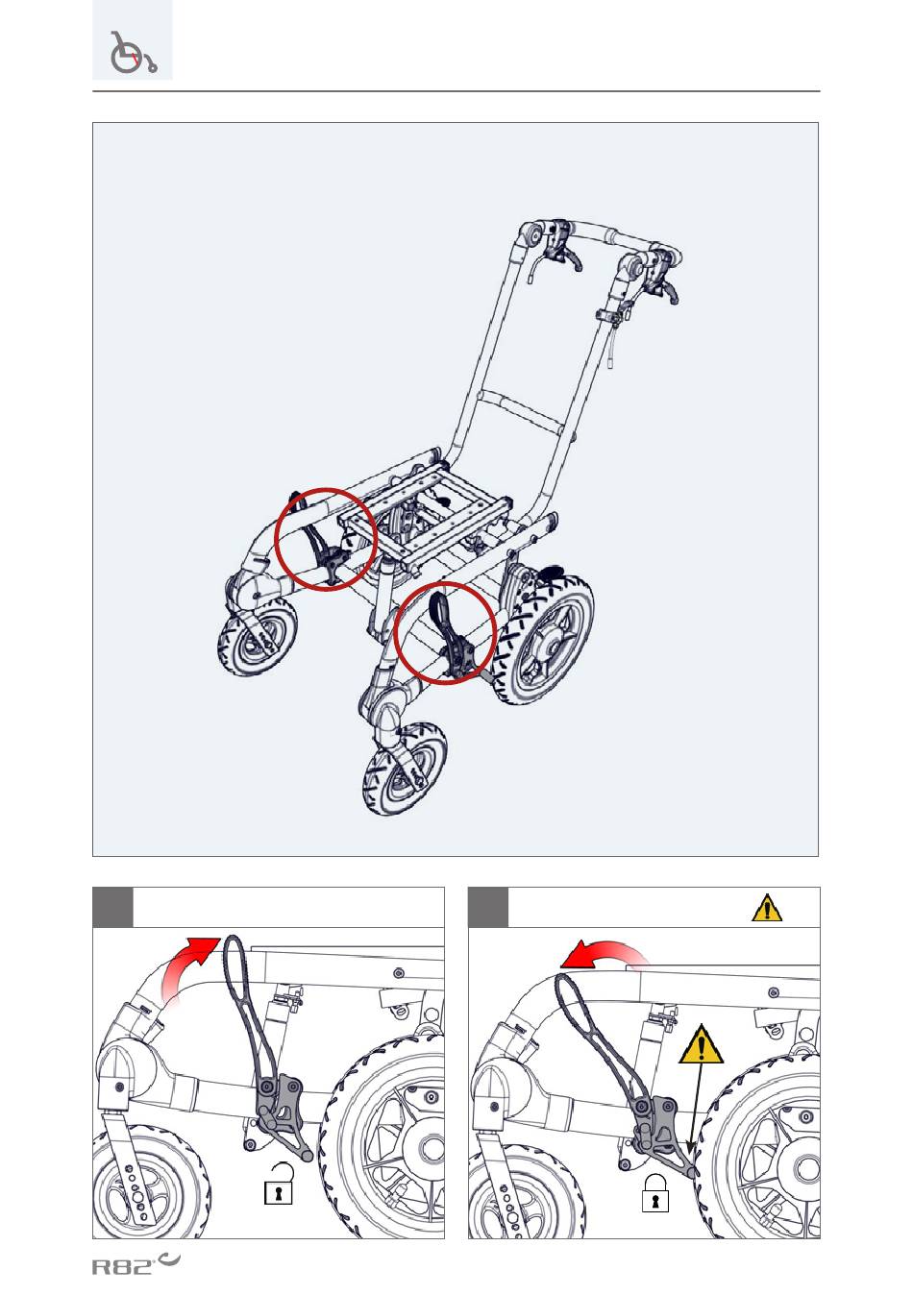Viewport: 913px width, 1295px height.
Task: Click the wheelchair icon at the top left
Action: [133, 52]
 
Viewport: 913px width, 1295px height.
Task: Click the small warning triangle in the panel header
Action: [767, 907]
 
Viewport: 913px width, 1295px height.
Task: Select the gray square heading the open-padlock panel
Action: [112, 907]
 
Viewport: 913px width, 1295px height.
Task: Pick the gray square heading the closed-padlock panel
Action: [488, 907]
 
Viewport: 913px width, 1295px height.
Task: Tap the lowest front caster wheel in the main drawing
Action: [404, 769]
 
